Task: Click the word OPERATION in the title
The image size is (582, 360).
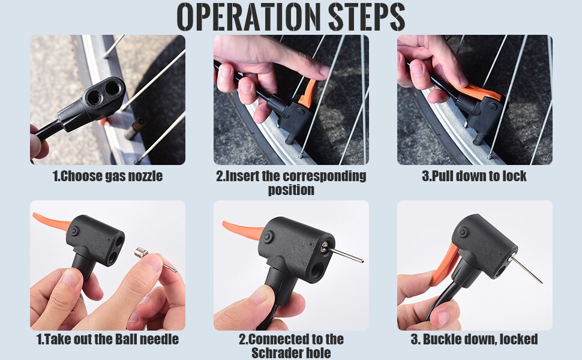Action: coord(248,17)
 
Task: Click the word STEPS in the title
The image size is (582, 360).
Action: coord(367,17)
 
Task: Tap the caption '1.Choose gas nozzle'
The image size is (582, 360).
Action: coord(107,176)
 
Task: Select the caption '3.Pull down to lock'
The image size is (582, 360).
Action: coord(474,176)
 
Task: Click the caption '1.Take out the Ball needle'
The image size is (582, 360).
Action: coord(107,339)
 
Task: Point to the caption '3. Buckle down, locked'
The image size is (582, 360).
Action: coord(474,339)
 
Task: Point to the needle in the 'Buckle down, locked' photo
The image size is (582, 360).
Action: coord(526,269)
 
